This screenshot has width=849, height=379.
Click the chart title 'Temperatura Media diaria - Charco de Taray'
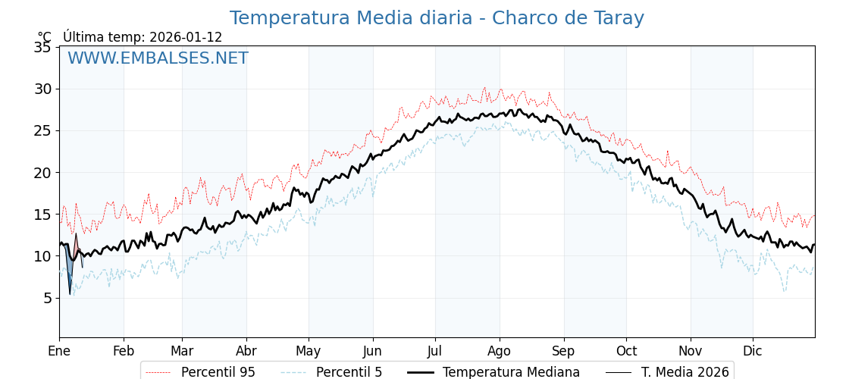[437, 18]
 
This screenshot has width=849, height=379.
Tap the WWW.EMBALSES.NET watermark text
[158, 58]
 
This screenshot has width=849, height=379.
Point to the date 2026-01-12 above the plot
[186, 37]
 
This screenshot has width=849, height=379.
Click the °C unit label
[45, 37]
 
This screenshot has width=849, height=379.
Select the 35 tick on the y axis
[42, 47]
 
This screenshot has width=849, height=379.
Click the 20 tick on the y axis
[42, 172]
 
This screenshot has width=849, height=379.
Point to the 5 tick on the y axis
[47, 298]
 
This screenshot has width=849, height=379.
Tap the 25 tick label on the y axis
[42, 130]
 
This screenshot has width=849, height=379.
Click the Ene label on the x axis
[59, 351]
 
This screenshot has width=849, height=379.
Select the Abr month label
[246, 351]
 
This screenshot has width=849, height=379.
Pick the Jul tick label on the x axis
[435, 351]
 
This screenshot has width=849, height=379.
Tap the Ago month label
[500, 351]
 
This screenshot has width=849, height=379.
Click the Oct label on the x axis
[626, 351]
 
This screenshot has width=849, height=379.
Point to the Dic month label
[753, 351]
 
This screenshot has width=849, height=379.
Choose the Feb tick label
[124, 351]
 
